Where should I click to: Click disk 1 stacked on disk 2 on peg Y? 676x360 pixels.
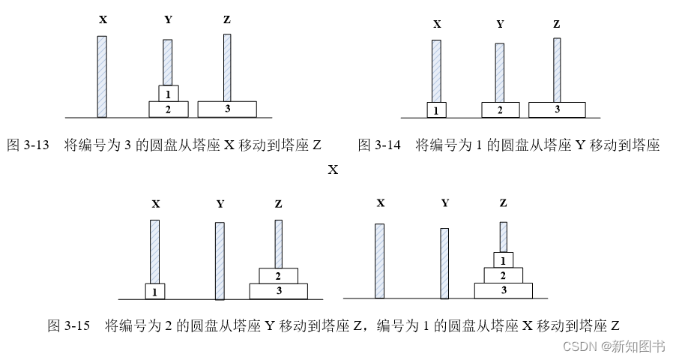(x=168, y=93)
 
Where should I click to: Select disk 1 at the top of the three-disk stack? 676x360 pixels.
(x=503, y=259)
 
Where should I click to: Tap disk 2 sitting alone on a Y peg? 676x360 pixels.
(x=501, y=109)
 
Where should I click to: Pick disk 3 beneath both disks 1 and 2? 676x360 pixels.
(x=503, y=289)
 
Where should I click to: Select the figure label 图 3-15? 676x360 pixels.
(x=69, y=325)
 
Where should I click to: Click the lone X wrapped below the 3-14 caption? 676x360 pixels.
(x=333, y=169)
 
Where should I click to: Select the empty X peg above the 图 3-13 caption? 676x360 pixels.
(x=102, y=75)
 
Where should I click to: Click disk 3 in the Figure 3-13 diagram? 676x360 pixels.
(x=226, y=109)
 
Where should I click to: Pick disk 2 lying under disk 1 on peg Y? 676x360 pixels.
(x=168, y=109)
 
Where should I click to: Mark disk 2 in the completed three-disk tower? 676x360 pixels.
(x=503, y=274)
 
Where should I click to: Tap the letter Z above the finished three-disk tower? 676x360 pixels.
(x=503, y=202)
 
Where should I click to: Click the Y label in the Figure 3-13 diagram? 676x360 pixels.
(x=168, y=19)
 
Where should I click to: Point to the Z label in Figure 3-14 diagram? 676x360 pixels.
(x=556, y=24)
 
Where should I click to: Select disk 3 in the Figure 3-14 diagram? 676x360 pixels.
(x=556, y=109)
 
